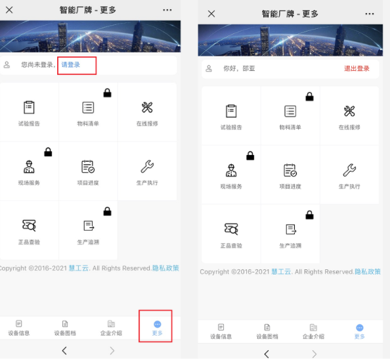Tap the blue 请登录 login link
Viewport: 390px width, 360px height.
(x=71, y=65)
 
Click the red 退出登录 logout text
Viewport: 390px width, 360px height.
(x=357, y=68)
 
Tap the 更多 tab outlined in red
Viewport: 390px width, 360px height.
(x=157, y=328)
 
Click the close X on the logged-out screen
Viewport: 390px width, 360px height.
(x=9, y=10)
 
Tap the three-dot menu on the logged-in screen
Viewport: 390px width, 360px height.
(x=370, y=14)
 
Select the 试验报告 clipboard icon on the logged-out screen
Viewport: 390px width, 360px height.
(x=29, y=107)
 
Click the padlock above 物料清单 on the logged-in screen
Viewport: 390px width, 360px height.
(x=309, y=97)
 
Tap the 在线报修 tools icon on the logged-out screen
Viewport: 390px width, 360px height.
(x=147, y=108)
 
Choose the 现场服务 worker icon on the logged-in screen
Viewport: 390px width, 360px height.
(x=231, y=170)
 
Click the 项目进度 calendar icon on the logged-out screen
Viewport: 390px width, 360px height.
(x=88, y=166)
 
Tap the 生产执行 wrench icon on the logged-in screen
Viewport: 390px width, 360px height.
(x=349, y=170)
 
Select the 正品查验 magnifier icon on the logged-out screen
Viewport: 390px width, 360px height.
(x=29, y=225)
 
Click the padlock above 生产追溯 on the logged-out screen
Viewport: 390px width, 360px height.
(x=107, y=212)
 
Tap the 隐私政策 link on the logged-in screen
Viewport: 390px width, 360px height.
(x=368, y=272)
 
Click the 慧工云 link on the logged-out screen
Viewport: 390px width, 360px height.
(x=79, y=268)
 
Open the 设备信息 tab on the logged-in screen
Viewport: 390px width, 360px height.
(x=221, y=331)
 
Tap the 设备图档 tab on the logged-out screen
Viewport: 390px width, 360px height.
(x=65, y=328)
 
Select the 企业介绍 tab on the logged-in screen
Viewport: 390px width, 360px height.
(x=313, y=331)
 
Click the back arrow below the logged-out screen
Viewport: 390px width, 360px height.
(x=64, y=351)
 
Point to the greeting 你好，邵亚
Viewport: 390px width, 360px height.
(x=239, y=68)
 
